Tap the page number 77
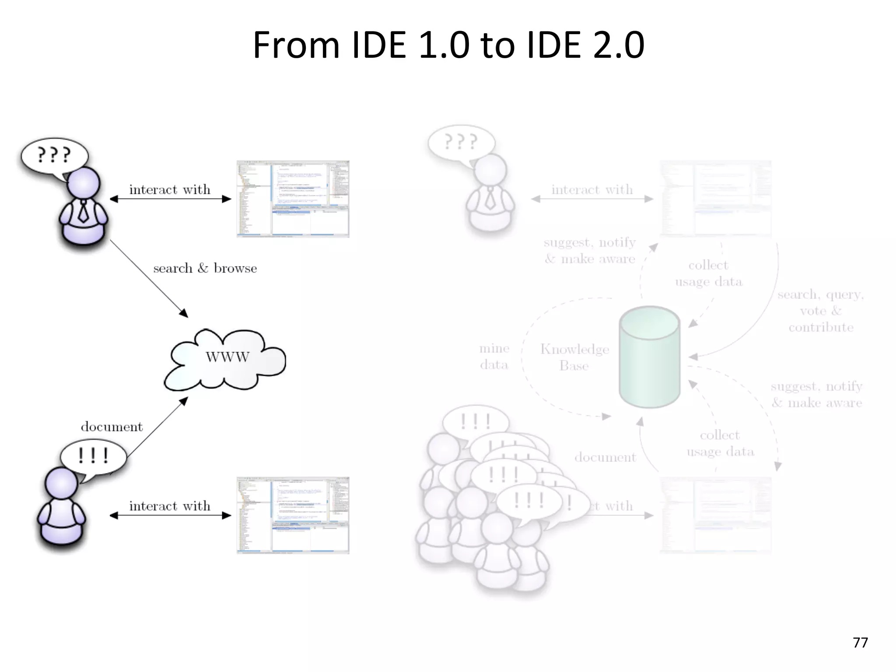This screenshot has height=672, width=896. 860,642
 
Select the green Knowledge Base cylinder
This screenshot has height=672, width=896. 650,357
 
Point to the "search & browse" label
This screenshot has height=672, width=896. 205,268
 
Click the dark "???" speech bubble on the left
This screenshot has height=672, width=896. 54,155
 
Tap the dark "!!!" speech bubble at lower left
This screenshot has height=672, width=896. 93,456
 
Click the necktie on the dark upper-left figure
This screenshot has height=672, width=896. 83,211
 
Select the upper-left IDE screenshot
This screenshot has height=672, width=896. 293,199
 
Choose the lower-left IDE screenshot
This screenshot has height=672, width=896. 293,515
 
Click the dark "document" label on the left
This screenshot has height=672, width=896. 112,427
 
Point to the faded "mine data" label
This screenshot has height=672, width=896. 494,357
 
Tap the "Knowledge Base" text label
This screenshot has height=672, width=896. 574,357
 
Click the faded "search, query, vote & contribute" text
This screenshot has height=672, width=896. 820,311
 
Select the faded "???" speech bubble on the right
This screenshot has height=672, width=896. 461,142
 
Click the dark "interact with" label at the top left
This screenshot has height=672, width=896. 170,189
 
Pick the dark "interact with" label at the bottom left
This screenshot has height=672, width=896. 170,506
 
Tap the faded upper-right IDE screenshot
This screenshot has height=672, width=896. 715,199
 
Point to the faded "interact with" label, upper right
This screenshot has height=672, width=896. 592,189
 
